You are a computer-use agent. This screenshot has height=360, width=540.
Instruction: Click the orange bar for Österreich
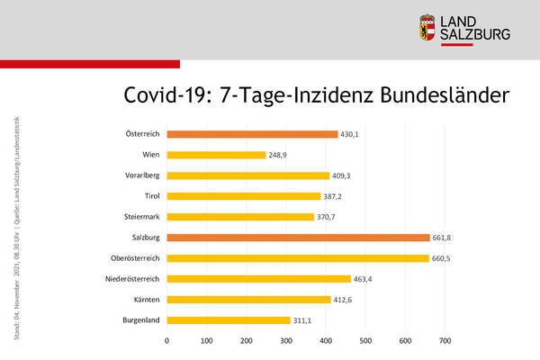(x=252, y=134)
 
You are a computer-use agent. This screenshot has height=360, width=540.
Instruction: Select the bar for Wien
(x=216, y=155)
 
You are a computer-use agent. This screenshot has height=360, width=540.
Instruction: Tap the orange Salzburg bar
(x=298, y=238)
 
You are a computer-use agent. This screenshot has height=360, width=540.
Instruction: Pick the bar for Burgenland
(x=229, y=319)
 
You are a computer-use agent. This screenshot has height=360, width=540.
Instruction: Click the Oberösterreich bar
(x=298, y=258)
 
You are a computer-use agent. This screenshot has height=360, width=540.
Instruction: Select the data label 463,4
(x=365, y=279)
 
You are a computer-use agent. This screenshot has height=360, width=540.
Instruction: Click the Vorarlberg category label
(x=142, y=175)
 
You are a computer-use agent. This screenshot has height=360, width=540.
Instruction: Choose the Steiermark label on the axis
(x=142, y=217)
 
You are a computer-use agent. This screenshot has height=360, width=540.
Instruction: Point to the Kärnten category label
(x=147, y=300)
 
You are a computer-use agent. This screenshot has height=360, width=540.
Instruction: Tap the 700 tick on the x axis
(x=444, y=341)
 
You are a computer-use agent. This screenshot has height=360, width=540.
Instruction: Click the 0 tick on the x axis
(x=166, y=341)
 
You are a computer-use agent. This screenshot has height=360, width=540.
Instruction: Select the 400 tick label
(x=325, y=341)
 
